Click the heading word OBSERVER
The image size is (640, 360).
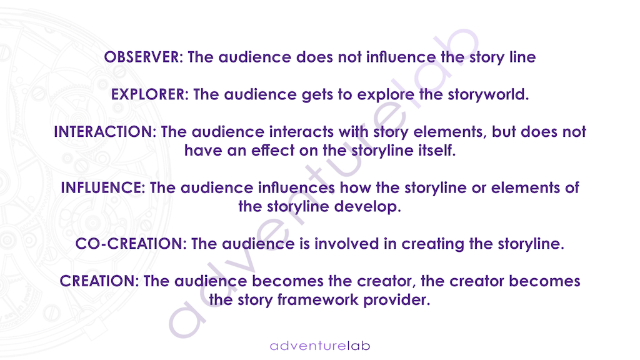pos(141,57)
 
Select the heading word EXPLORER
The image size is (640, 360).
pos(147,95)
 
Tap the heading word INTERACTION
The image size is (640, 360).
pos(103,132)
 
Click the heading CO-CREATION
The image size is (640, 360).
pos(129,244)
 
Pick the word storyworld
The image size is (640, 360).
pos(488,95)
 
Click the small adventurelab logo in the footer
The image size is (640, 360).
pos(320,346)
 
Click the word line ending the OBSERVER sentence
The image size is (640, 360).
pos(522,57)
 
